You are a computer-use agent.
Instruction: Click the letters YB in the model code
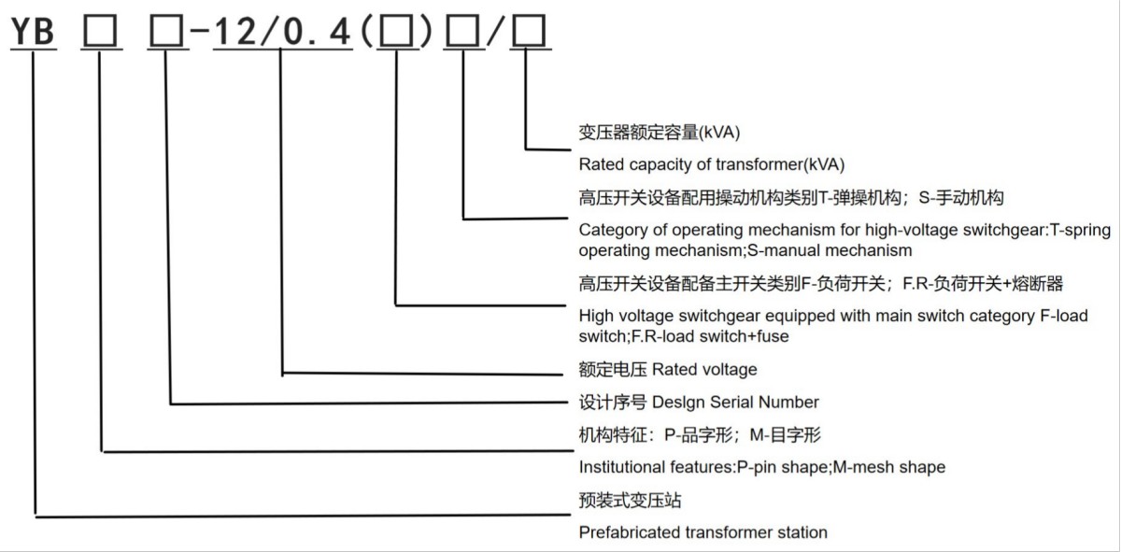click(33, 31)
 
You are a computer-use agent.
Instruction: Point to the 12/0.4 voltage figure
click(283, 32)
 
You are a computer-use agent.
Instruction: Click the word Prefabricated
click(624, 532)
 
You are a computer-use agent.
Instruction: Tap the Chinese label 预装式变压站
click(630, 500)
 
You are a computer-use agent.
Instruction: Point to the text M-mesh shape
click(889, 467)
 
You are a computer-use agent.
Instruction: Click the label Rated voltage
click(704, 369)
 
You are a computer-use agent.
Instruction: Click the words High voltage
click(626, 316)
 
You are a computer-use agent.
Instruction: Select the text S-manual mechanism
click(830, 250)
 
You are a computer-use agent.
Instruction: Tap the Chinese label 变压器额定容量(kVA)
click(660, 133)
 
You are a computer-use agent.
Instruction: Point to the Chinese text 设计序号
click(613, 402)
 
